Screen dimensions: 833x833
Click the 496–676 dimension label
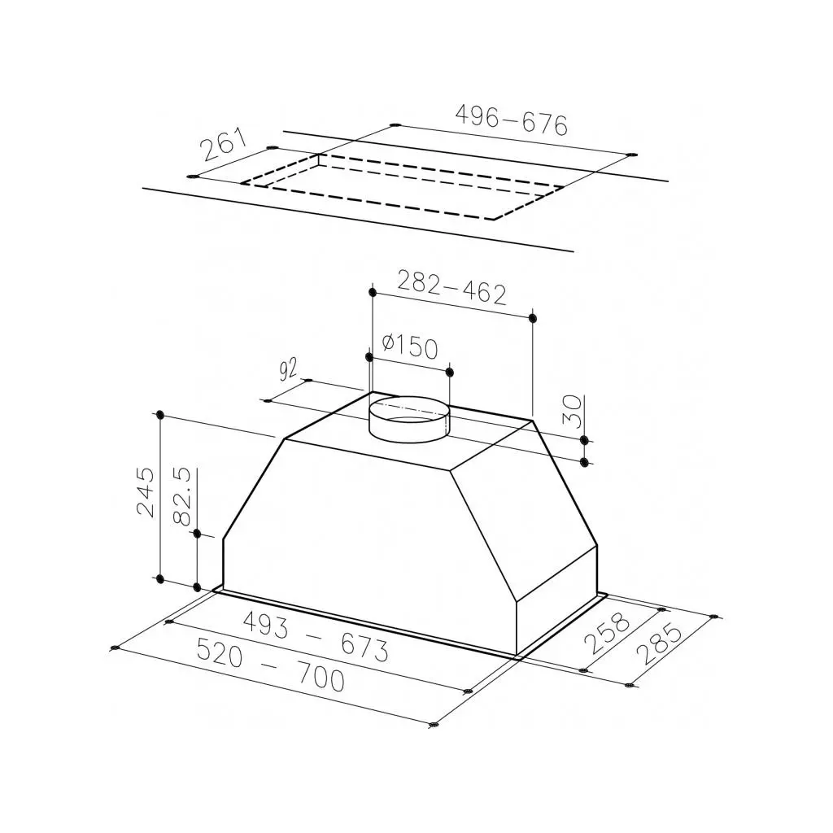tap(511, 120)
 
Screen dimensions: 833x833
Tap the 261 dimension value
tap(225, 144)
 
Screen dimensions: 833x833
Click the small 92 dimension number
tap(289, 370)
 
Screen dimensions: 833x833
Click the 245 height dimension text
tap(146, 491)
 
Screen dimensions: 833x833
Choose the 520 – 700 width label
tap(270, 665)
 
